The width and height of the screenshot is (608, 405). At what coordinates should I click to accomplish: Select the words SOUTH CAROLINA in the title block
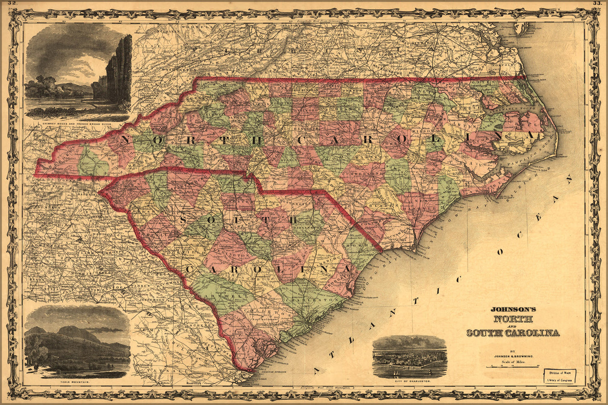513,333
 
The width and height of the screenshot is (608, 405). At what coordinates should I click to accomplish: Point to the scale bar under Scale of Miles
513,366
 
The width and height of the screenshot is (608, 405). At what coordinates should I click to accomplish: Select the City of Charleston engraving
410,357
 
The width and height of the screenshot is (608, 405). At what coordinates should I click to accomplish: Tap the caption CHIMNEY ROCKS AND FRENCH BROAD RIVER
78,119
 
